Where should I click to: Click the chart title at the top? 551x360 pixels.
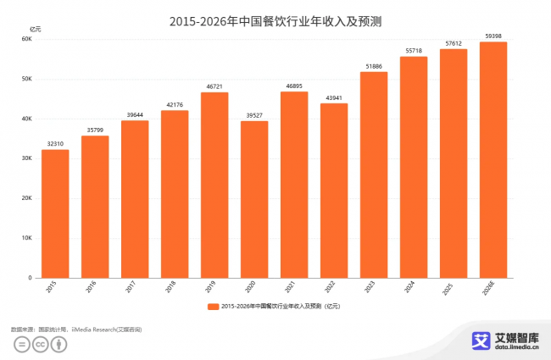tap(275, 20)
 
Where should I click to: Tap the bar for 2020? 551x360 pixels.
tap(254, 199)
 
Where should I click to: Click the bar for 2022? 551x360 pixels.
tap(334, 191)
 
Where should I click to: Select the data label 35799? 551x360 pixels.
tap(95, 130)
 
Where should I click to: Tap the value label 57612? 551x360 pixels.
tap(454, 42)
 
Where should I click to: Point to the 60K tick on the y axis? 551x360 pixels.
tap(26, 39)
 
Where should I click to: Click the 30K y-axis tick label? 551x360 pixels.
tap(26, 158)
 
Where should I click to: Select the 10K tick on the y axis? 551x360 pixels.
tap(26, 238)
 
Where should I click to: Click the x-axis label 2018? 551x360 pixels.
tap(174, 289)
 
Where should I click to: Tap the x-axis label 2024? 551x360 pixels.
tap(413, 289)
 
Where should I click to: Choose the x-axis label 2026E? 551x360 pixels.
tap(491, 291)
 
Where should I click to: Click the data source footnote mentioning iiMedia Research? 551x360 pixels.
tap(76, 329)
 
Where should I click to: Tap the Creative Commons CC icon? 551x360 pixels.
tap(40, 345)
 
